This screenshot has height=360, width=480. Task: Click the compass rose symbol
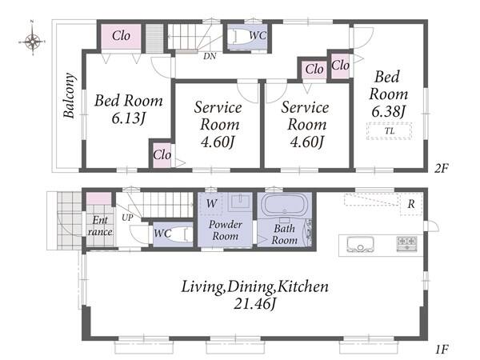pyautogui.click(x=33, y=41)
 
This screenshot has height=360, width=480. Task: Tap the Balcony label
pyautogui.click(x=69, y=95)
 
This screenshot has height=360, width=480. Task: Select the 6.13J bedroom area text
pyautogui.click(x=128, y=118)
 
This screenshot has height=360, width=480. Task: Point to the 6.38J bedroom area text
pyautogui.click(x=388, y=111)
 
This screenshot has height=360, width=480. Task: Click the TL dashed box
pyautogui.click(x=389, y=131)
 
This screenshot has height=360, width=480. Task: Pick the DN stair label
pyautogui.click(x=210, y=56)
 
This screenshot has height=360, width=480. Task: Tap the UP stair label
pyautogui.click(x=127, y=218)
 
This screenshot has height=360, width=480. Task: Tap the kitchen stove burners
pyautogui.click(x=407, y=244)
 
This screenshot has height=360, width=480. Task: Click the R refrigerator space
pyautogui.click(x=411, y=204)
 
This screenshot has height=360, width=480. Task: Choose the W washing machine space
pyautogui.click(x=211, y=203)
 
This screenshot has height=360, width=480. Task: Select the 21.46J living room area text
pyautogui.click(x=254, y=304)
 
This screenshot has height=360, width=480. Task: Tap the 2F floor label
pyautogui.click(x=441, y=168)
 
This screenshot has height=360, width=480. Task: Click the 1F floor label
pyautogui.click(x=442, y=350)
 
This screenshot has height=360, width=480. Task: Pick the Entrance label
pyautogui.click(x=100, y=226)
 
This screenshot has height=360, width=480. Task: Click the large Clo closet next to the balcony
pyautogui.click(x=122, y=36)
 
